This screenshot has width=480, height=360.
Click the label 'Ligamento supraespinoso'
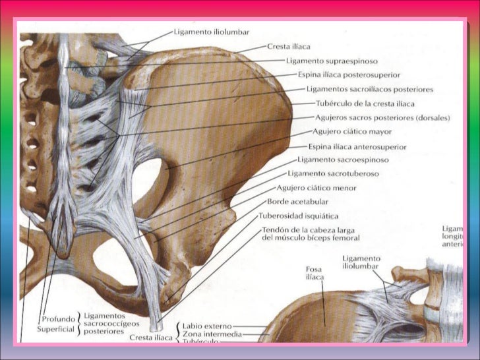(x=326, y=61)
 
